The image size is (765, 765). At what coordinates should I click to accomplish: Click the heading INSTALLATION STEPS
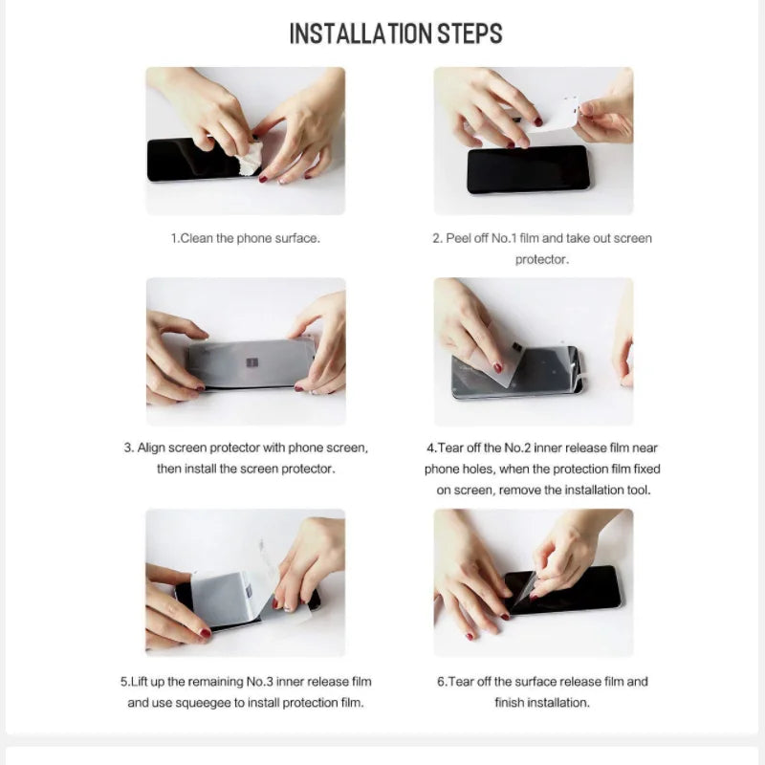click(x=395, y=34)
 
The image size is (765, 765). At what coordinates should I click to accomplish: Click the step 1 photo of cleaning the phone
click(x=245, y=141)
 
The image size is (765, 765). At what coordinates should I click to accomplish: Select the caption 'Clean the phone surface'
click(x=246, y=238)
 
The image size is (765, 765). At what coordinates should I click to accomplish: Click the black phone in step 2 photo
click(x=527, y=170)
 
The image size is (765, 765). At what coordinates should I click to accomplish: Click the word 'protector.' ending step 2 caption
click(x=542, y=259)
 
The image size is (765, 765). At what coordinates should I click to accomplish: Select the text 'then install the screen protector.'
click(x=246, y=469)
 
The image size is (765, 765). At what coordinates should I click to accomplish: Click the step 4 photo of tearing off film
click(x=533, y=351)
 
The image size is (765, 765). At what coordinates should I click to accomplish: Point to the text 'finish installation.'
click(x=542, y=703)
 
